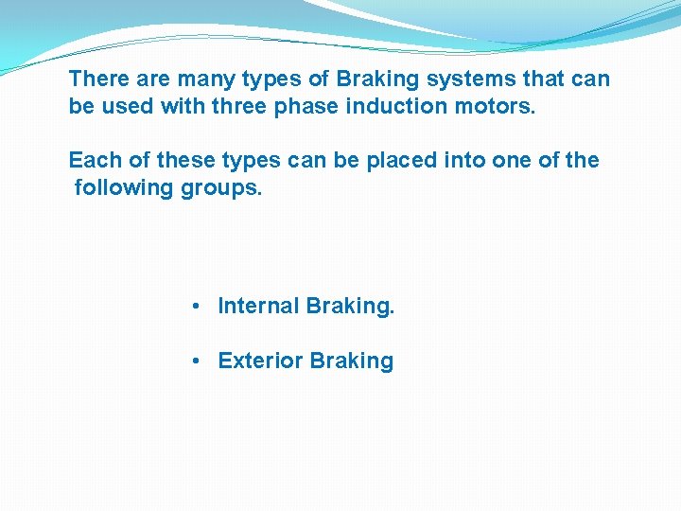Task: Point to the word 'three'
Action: point(239,105)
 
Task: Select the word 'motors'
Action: point(492,105)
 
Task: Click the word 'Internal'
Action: point(259,307)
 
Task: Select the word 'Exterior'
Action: point(260,361)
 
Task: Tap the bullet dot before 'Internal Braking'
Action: point(193,307)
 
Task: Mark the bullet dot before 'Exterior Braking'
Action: point(193,361)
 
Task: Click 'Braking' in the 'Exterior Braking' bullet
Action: point(351,361)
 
